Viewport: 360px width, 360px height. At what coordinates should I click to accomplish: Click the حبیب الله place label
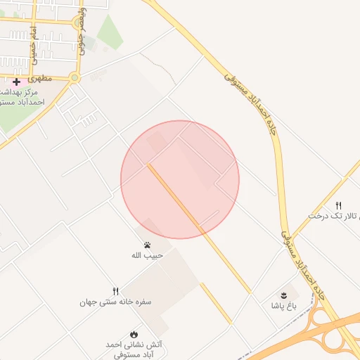[147, 255]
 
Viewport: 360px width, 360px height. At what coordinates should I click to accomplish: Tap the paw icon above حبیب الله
[148, 245]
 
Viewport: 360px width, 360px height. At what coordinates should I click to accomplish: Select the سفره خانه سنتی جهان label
[115, 302]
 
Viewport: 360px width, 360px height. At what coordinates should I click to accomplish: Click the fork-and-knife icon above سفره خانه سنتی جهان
[116, 291]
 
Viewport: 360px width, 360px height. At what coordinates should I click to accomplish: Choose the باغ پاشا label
[285, 306]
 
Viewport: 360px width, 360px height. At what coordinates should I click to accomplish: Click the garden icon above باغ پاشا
[284, 295]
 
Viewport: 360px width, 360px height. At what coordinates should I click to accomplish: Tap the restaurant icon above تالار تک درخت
[339, 205]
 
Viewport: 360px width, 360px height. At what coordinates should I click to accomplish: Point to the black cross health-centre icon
[16, 82]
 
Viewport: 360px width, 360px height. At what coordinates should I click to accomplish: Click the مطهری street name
[42, 79]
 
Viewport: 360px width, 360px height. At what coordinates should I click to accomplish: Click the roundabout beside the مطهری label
[75, 78]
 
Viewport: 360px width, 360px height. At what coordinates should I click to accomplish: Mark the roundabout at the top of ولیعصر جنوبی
[78, 22]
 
